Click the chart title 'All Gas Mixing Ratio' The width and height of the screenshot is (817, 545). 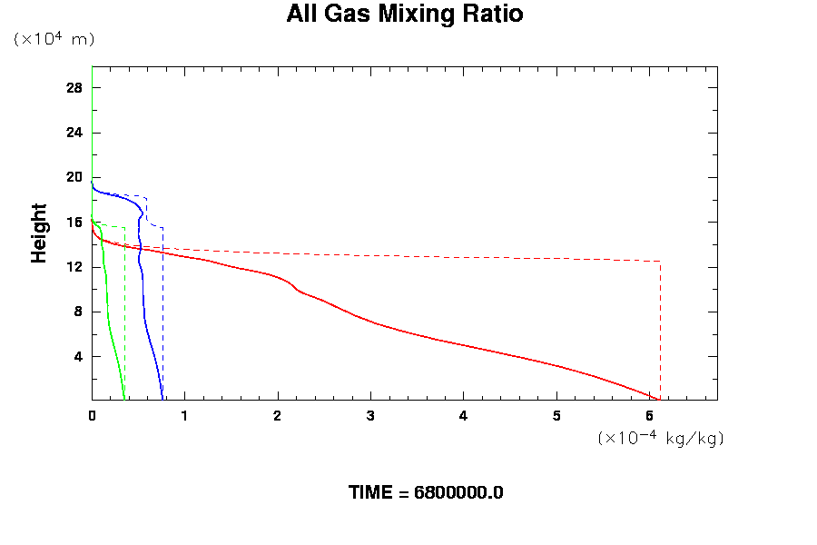click(405, 15)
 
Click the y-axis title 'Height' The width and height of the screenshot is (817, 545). click(39, 233)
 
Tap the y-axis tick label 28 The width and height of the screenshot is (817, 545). click(74, 88)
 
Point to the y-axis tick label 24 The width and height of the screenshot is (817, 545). click(74, 133)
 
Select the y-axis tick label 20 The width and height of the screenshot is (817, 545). click(74, 177)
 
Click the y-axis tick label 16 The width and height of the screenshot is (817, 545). click(74, 223)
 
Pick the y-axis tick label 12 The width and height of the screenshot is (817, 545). click(74, 267)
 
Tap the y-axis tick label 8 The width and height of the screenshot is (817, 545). click(78, 312)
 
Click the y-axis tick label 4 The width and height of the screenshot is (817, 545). click(78, 356)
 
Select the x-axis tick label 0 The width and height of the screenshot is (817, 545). click(92, 416)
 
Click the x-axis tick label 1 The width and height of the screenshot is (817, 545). click(184, 416)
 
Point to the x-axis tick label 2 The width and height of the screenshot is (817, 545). click(278, 416)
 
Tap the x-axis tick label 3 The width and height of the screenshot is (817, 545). click(370, 416)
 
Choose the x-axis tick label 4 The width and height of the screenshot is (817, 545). click(463, 416)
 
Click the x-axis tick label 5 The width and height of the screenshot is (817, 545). click(556, 416)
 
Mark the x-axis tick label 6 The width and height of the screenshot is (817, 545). click(649, 416)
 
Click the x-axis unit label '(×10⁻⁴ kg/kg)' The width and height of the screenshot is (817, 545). click(660, 438)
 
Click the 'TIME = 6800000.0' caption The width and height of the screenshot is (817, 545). click(426, 493)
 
